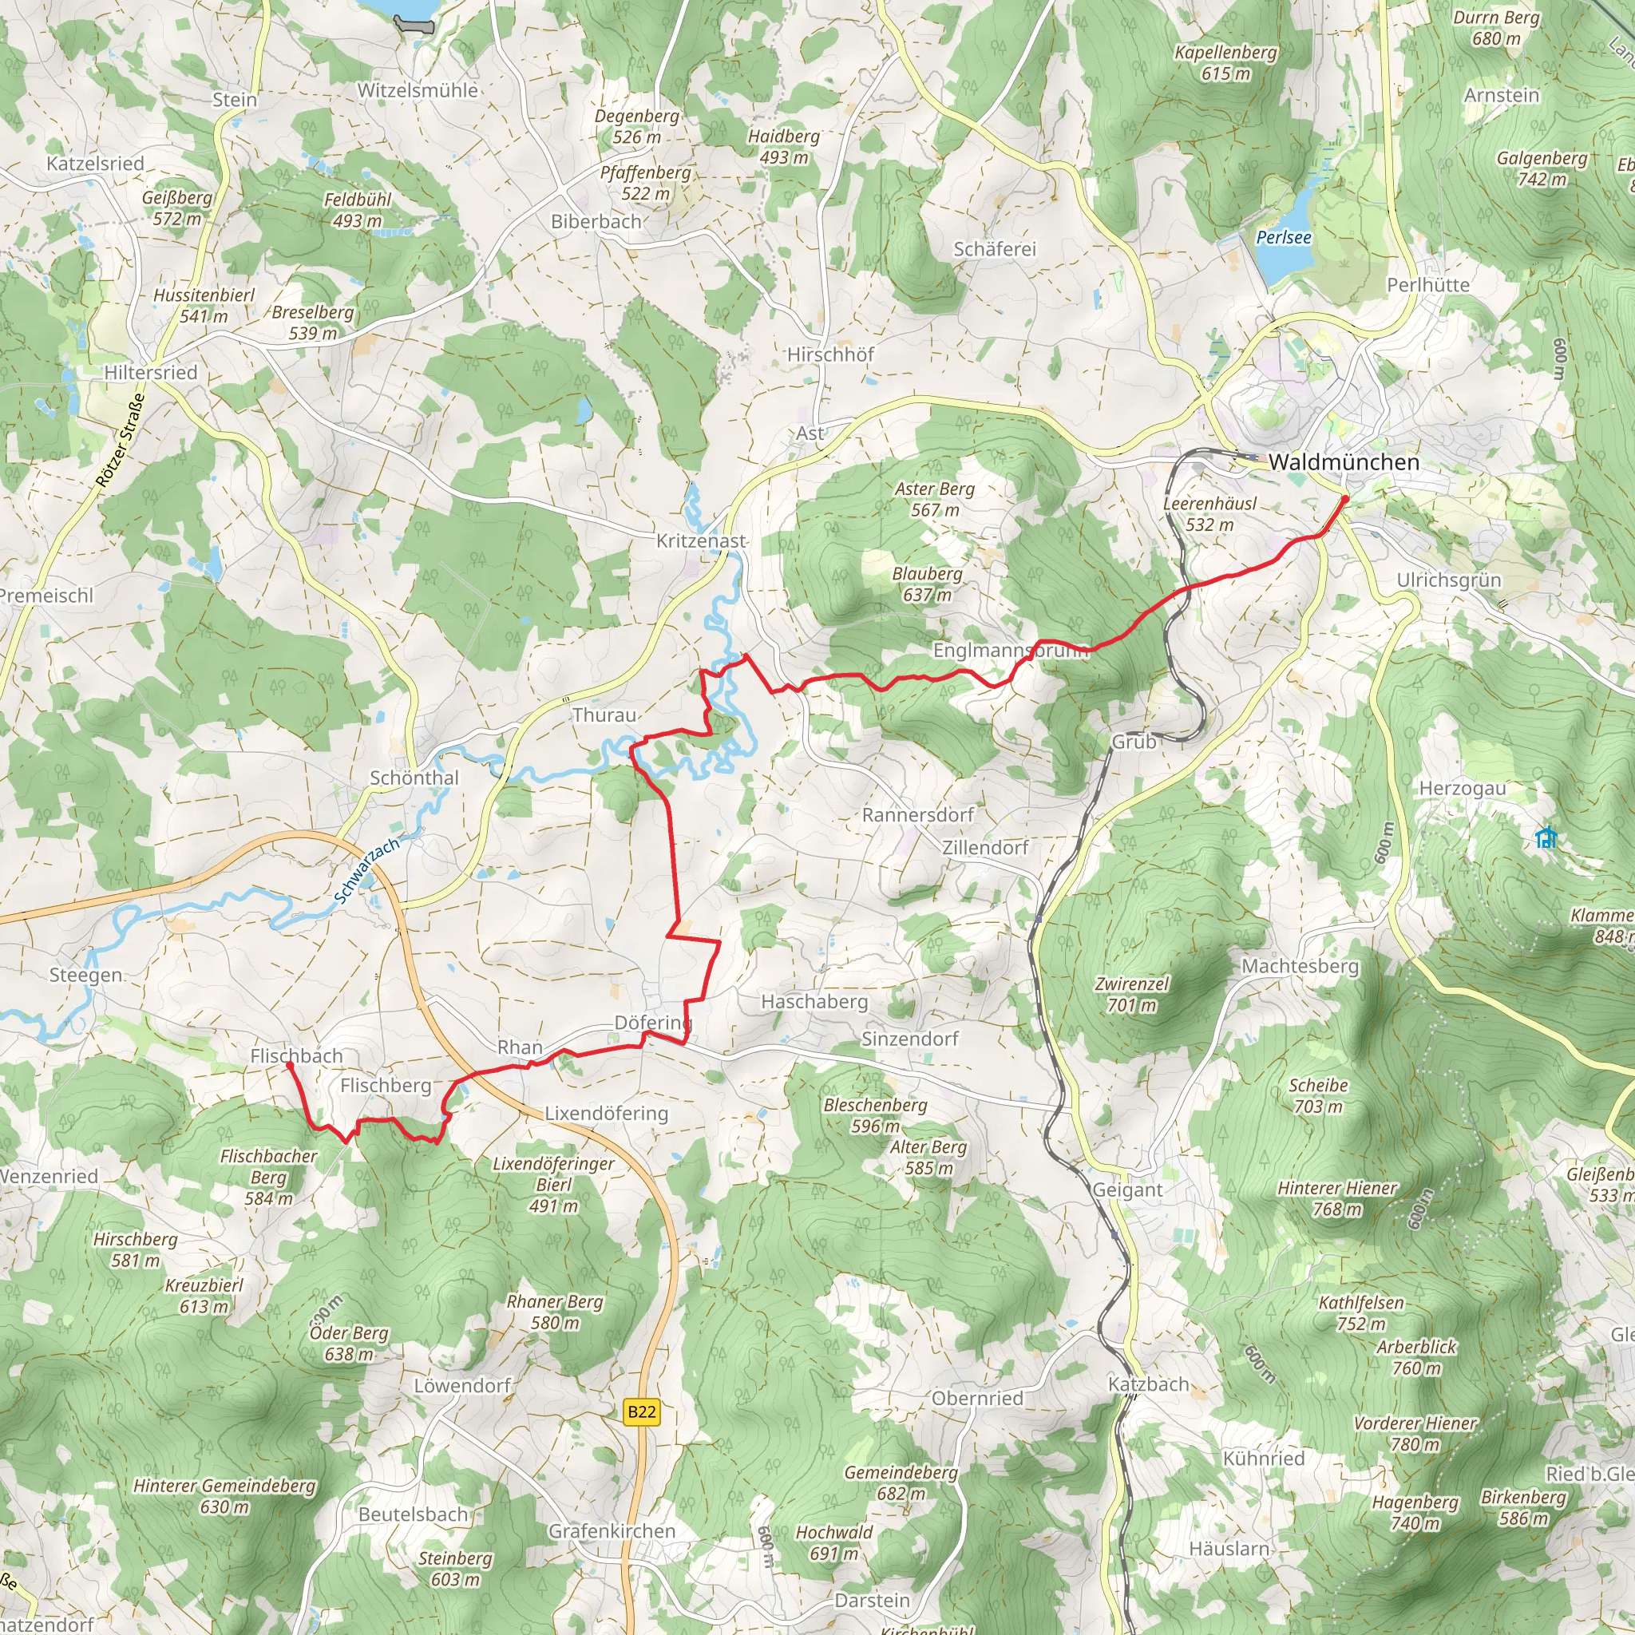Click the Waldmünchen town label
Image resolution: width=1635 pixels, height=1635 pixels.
point(1343,462)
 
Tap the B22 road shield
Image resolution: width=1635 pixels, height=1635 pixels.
point(642,1411)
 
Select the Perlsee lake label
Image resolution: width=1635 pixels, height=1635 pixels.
point(1283,238)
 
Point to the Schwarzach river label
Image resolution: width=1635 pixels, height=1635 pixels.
point(366,871)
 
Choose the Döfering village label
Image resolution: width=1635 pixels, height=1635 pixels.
point(652,1023)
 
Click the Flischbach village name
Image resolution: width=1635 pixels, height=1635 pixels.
point(296,1055)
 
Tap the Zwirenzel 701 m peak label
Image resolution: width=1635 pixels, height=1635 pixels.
point(1131,995)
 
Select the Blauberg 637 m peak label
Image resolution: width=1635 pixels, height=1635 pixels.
point(928,584)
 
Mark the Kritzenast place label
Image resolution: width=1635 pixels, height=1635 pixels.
point(701,540)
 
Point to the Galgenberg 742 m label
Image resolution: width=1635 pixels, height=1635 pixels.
point(1542,168)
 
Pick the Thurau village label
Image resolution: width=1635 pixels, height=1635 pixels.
point(604,715)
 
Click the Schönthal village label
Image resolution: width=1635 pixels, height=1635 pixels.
point(414,778)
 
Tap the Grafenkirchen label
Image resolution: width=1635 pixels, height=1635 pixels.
point(612,1531)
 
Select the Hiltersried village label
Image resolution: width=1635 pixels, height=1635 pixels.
point(151,372)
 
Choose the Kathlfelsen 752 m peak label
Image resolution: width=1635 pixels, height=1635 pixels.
point(1361,1312)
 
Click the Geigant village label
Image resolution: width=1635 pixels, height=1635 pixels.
point(1127,1190)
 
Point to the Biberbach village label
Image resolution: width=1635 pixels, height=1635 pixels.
point(596,222)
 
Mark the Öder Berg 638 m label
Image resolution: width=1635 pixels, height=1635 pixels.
point(349,1343)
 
